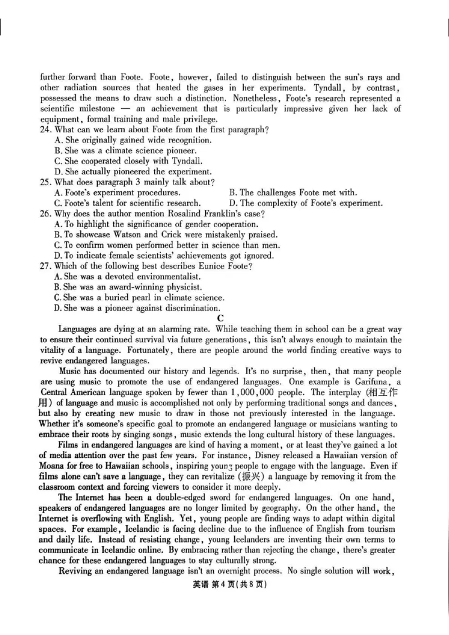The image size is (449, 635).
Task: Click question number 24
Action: click(x=45, y=130)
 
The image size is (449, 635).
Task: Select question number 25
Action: click(x=45, y=182)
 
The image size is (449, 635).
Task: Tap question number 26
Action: click(x=45, y=214)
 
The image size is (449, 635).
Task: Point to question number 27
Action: click(x=45, y=266)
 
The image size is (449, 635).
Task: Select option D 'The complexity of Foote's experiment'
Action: click(x=306, y=203)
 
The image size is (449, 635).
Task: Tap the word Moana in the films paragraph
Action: click(x=54, y=466)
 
